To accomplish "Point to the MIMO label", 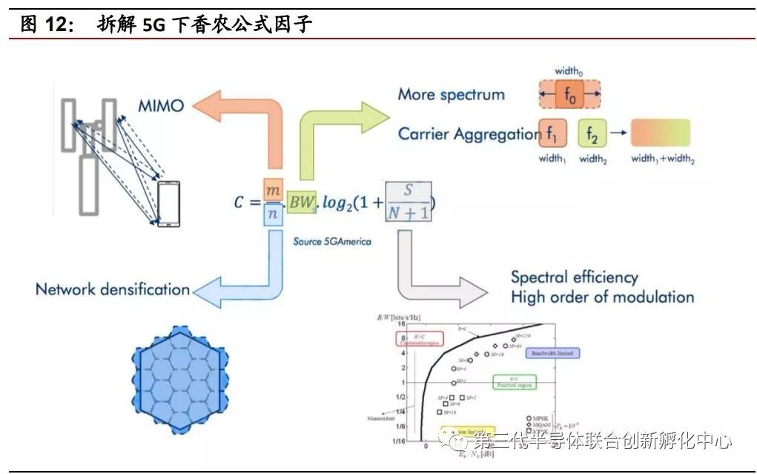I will [x=161, y=105].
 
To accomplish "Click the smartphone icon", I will [x=168, y=202].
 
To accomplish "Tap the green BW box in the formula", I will [x=302, y=202].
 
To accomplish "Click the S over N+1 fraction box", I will [x=409, y=202].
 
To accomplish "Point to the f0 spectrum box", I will [x=569, y=95].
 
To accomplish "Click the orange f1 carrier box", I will [x=553, y=134].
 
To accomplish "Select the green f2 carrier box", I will [x=592, y=134].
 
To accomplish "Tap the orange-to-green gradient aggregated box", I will [x=661, y=134].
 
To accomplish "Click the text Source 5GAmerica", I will [x=332, y=241].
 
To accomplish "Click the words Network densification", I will [x=113, y=289].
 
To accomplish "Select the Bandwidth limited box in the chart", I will [x=552, y=354].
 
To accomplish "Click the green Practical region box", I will [x=514, y=383].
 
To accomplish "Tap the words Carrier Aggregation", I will [x=469, y=134].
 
